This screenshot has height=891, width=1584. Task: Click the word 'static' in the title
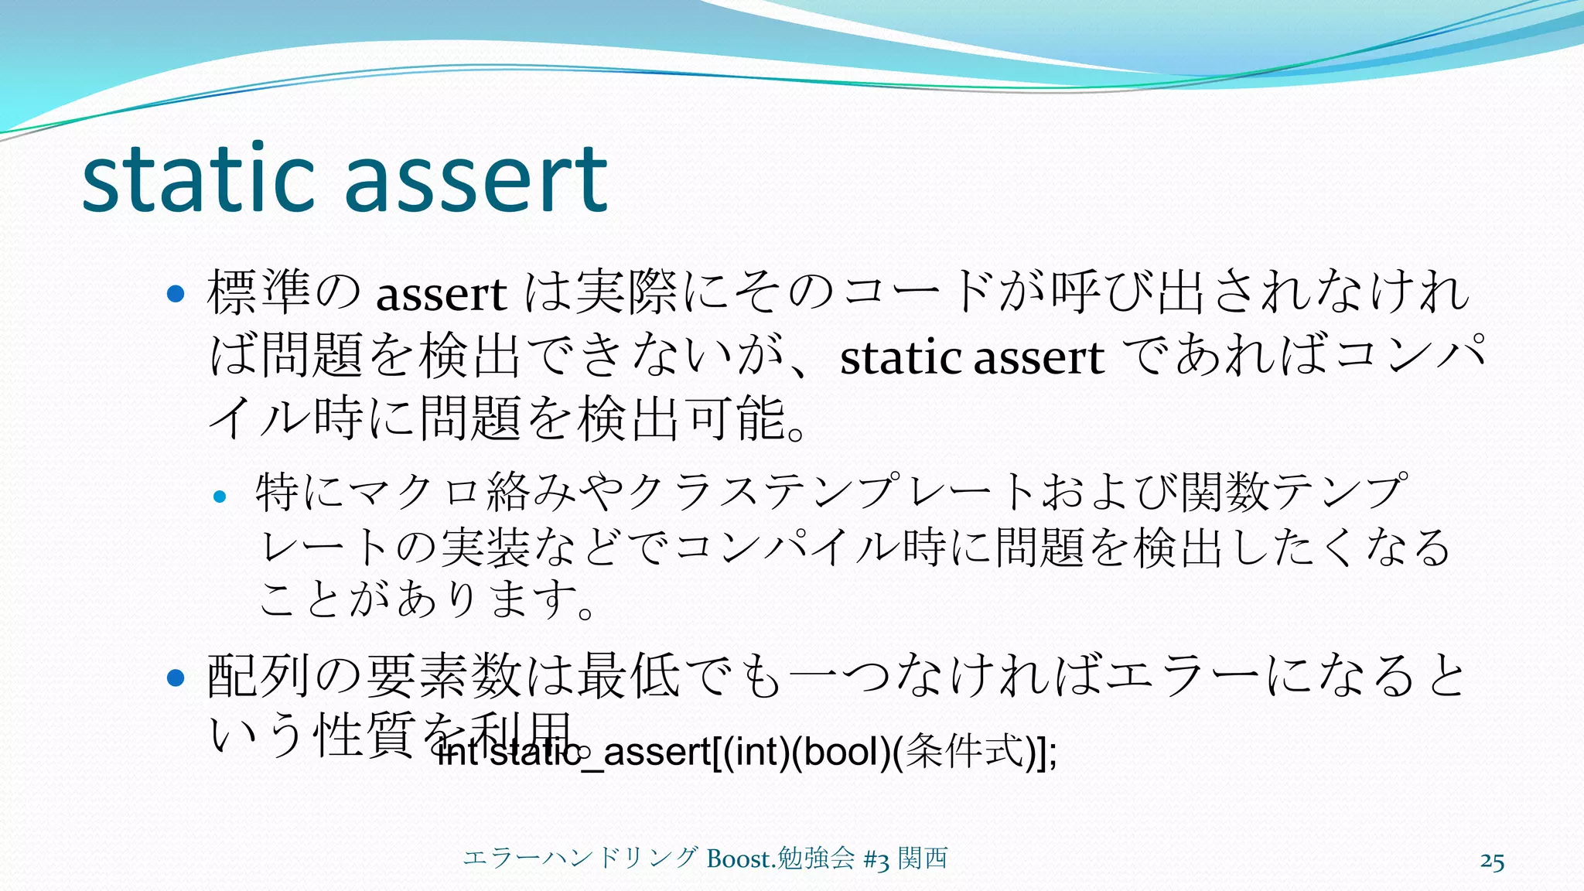click(x=198, y=179)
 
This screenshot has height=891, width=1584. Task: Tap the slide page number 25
click(x=1492, y=862)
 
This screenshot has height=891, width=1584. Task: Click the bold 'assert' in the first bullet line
click(x=441, y=295)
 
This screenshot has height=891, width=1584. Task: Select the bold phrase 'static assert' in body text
click(x=971, y=358)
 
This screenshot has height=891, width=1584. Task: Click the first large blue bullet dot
click(x=176, y=294)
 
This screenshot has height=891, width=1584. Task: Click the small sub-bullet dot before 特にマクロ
click(x=220, y=497)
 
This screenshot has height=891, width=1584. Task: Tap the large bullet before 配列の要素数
click(x=176, y=678)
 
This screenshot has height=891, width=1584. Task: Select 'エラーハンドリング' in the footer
click(x=580, y=859)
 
